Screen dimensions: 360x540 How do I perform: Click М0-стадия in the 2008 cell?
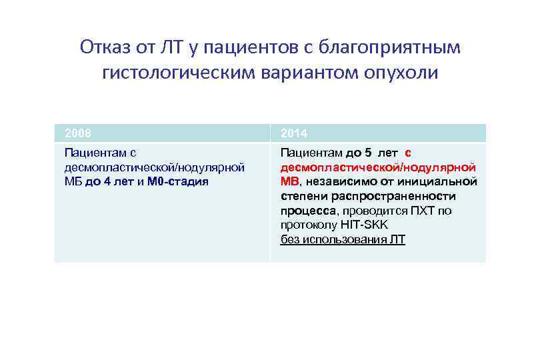[180, 181]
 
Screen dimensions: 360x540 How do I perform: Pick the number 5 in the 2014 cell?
[367, 153]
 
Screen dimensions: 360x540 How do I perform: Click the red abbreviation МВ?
[290, 181]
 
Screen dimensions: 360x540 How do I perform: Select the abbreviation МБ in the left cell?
[72, 181]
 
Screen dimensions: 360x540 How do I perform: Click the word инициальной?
[444, 181]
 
